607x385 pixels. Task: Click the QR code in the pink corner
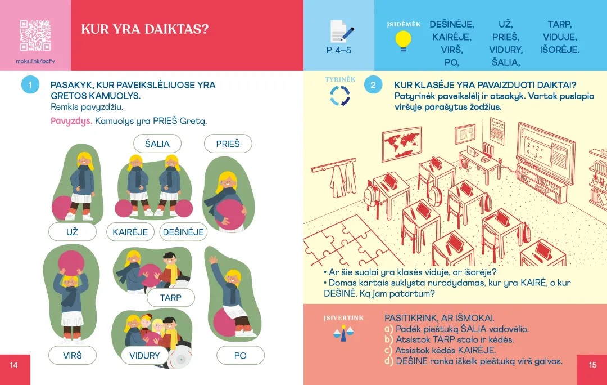[35, 35]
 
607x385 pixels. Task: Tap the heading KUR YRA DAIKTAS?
[144, 29]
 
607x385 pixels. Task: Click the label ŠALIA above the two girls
[157, 144]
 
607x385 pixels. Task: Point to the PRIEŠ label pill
[228, 144]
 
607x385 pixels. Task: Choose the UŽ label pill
[73, 232]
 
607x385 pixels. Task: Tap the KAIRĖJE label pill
[130, 232]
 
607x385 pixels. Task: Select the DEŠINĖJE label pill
[183, 232]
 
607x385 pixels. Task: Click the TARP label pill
[171, 298]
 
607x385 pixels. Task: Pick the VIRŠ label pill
[73, 355]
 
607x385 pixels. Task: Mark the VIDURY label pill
[144, 355]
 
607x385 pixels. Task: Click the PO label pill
[240, 355]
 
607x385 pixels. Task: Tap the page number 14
[14, 365]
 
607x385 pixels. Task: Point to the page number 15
[592, 365]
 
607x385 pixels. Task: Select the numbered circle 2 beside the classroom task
[373, 85]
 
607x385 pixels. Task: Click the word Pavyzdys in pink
[71, 121]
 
